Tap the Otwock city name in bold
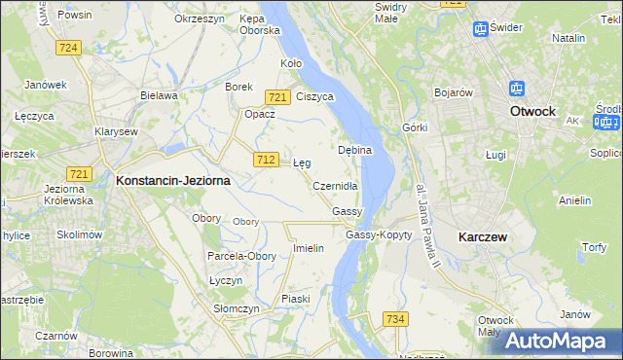pyautogui.click(x=532, y=111)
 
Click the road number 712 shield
pyautogui.click(x=265, y=159)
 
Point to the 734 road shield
pyautogui.click(x=394, y=319)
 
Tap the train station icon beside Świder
pyautogui.click(x=480, y=28)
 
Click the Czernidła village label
pyautogui.click(x=336, y=186)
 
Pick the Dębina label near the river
pyautogui.click(x=355, y=151)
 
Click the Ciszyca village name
pyautogui.click(x=315, y=96)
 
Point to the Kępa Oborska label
pyautogui.click(x=260, y=24)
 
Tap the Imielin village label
pyautogui.click(x=309, y=248)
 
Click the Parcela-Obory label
pyautogui.click(x=241, y=256)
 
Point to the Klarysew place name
pyautogui.click(x=115, y=130)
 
